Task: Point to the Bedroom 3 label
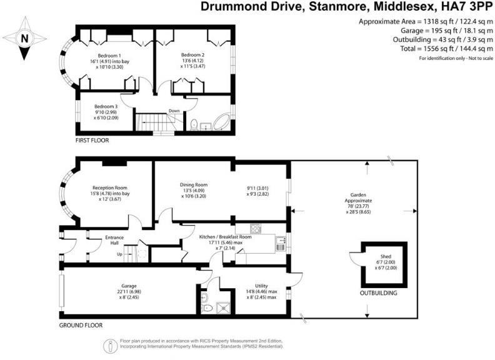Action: pos(106,106)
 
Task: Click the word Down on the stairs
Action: pos(174,112)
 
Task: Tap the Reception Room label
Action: pos(110,187)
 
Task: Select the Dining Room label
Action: pos(194,185)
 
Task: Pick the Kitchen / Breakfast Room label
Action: pos(225,237)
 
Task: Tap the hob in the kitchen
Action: pos(255,228)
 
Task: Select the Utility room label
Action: pos(253,285)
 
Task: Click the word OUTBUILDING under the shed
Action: pos(378,292)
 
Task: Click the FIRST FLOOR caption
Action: pos(92,141)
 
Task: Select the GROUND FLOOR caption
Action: pos(81,325)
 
